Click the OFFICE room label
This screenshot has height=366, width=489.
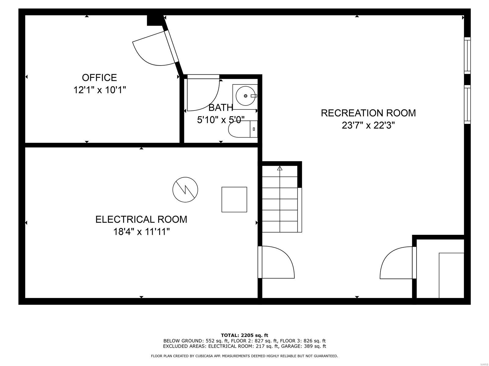click(x=99, y=77)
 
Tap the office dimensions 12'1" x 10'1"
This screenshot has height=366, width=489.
click(x=100, y=90)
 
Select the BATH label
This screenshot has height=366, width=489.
click(x=221, y=107)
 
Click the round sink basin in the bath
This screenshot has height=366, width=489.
click(x=245, y=96)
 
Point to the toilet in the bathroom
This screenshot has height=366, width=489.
click(x=243, y=129)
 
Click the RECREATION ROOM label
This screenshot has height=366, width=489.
click(x=368, y=113)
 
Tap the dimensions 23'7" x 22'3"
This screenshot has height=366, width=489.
click(x=368, y=125)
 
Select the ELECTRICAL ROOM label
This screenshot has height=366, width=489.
click(x=141, y=219)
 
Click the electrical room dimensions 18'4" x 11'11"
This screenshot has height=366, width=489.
click(x=141, y=232)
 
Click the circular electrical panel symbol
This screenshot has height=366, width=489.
click(x=185, y=189)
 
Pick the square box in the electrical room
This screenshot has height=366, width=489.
click(x=234, y=199)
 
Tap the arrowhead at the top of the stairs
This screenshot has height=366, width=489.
click(x=280, y=168)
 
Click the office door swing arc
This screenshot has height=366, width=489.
click(x=153, y=50)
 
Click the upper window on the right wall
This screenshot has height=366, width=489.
click(x=467, y=56)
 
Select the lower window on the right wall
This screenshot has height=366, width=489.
click(x=467, y=104)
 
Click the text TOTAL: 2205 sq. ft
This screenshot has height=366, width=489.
click(x=244, y=335)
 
